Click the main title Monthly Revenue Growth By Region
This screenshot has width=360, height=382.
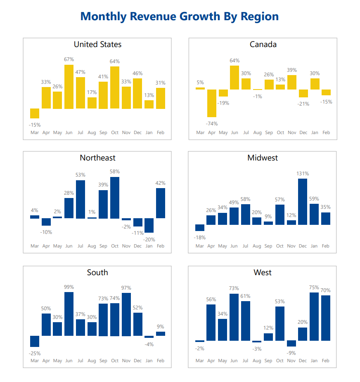180,17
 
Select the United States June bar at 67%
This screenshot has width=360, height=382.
69,87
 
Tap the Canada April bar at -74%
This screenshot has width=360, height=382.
212,103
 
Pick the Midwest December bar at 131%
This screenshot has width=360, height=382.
303,201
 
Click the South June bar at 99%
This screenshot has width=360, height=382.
69,314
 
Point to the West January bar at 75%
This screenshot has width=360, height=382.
314,316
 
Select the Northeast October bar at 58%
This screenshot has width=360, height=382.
115,198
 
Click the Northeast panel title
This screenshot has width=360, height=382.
97,158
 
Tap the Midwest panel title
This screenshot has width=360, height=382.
263,158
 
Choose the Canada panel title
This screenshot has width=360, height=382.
263,45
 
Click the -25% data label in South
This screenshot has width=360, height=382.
35,354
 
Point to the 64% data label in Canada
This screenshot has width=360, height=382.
234,61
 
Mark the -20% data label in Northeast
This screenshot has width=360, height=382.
149,240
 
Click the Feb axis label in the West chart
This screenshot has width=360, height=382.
326,361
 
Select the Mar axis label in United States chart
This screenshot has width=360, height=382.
35,132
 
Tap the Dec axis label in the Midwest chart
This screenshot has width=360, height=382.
303,246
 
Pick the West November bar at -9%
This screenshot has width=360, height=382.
291,343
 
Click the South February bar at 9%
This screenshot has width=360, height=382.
161,333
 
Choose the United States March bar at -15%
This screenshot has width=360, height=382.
35,113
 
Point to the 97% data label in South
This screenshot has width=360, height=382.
126,288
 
